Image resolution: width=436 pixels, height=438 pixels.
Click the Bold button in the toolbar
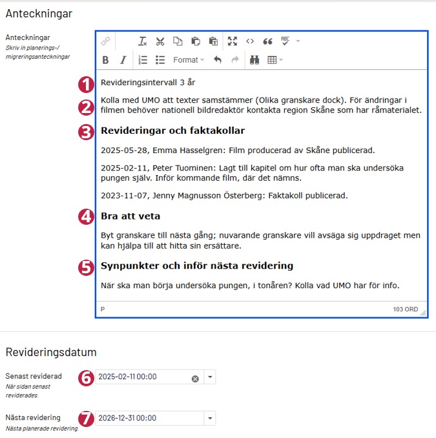tap(105, 60)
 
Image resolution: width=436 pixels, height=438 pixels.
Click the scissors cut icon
tap(160, 41)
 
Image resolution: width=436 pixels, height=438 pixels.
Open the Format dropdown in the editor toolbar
tap(188, 60)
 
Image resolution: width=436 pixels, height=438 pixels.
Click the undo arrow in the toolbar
tap(218, 60)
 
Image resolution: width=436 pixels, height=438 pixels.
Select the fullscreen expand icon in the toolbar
tap(233, 41)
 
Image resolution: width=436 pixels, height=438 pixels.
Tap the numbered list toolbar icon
tap(143, 60)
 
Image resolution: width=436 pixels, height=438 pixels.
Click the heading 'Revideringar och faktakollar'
tap(172, 131)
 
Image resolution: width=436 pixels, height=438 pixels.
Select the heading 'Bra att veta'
tap(130, 216)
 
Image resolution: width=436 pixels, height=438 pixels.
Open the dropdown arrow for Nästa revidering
tap(210, 418)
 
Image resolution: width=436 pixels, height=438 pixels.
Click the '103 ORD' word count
tap(405, 309)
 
